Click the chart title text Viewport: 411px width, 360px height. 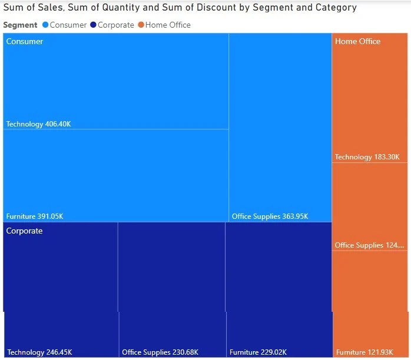coord(180,8)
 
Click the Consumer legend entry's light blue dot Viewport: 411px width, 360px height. coord(45,25)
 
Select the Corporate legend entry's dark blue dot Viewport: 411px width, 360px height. coord(93,25)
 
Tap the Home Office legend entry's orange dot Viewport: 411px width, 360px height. coord(141,25)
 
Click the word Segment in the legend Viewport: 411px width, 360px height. coord(20,25)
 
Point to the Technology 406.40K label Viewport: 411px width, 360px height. coord(38,124)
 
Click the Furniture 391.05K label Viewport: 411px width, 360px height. coord(35,216)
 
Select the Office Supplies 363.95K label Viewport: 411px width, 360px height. coord(270,216)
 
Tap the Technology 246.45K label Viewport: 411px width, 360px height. coord(39,352)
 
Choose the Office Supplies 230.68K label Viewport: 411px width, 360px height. coord(160,352)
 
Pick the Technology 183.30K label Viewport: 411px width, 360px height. coord(367,157)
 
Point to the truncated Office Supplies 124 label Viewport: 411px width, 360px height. coord(370,245)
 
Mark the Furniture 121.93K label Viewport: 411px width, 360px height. coord(367,352)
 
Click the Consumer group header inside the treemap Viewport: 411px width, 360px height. coord(25,42)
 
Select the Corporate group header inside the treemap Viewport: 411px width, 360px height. coord(25,231)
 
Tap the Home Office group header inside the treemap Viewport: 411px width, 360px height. coord(357,42)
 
